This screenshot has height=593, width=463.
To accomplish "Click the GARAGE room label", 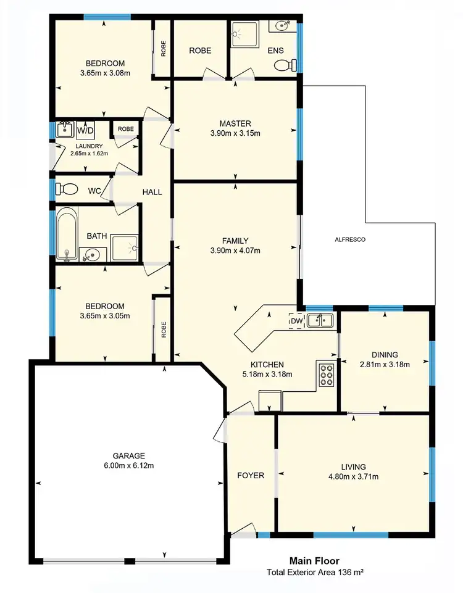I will point(128,455).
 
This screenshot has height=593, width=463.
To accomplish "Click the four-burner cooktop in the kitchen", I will point(325,375).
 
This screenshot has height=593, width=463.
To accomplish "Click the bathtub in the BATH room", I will point(67,234).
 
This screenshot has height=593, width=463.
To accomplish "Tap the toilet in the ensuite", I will point(283,65).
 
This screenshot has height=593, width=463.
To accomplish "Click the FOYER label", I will point(251,476).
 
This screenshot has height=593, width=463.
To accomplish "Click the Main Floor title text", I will point(314,561).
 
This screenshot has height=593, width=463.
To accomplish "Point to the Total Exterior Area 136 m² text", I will point(314,572).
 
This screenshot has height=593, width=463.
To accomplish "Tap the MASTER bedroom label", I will point(235,123).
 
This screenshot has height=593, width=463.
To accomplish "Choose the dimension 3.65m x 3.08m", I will point(105,73).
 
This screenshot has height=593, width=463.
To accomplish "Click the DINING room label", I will point(385,354).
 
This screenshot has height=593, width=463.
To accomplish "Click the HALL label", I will point(152,192).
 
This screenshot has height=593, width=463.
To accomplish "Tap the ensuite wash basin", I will point(282,26).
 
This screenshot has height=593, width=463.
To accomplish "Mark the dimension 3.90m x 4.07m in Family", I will point(235,251).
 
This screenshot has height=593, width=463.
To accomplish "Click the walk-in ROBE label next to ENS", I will point(200,51).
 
